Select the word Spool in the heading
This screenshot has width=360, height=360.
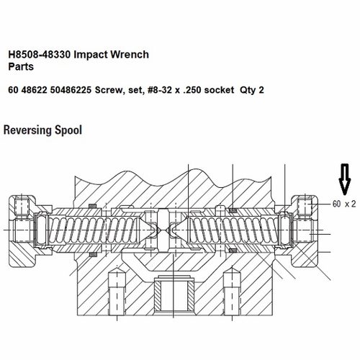coord(69,131)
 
